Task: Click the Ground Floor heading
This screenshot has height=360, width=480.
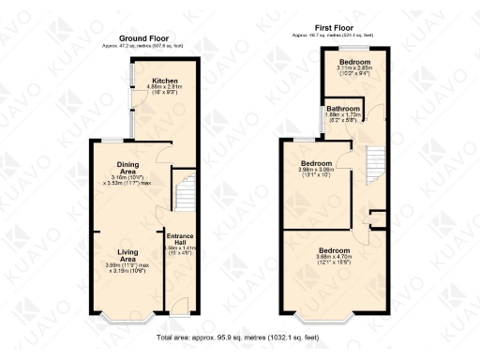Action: pyautogui.click(x=141, y=38)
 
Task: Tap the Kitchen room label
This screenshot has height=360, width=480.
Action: pyautogui.click(x=165, y=82)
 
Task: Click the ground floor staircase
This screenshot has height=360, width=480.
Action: pyautogui.click(x=184, y=192)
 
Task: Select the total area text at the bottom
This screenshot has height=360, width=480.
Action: pyautogui.click(x=239, y=335)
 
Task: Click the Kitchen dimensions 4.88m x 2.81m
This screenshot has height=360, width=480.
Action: pyautogui.click(x=165, y=89)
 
